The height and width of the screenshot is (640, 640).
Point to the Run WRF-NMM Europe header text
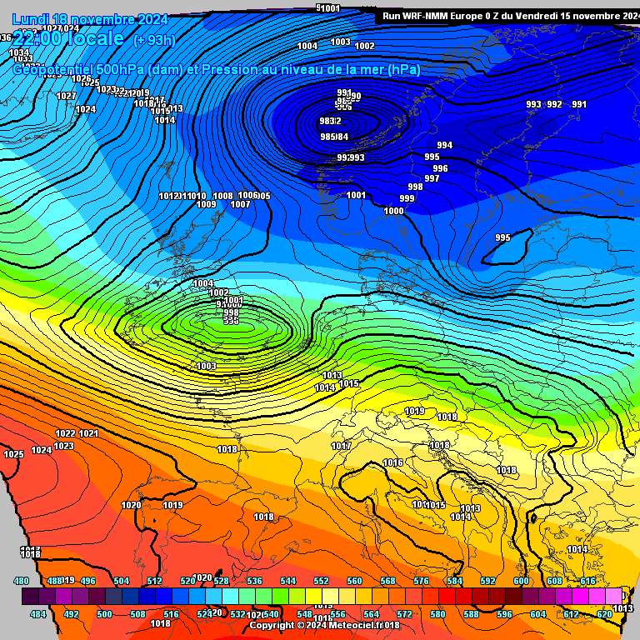click(442, 16)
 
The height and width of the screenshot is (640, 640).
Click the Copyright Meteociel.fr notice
click(325, 624)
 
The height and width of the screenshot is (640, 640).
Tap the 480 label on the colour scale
click(22, 581)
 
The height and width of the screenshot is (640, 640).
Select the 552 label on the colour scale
click(321, 581)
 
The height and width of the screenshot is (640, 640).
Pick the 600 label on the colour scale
click(521, 581)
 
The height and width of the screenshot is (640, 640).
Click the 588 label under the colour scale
click(471, 614)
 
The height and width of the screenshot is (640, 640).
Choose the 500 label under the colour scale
click(104, 614)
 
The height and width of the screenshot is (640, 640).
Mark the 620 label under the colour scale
click(604, 614)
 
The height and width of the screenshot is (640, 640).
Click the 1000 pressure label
click(393, 211)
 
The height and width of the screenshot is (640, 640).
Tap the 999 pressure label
click(407, 198)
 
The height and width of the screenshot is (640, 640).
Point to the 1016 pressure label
click(392, 462)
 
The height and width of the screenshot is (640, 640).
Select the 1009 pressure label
click(206, 204)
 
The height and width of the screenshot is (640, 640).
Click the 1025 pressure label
click(13, 454)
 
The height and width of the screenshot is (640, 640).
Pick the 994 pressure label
click(445, 145)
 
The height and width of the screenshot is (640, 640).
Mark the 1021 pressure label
click(88, 433)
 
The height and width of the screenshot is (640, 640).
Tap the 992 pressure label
click(554, 104)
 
